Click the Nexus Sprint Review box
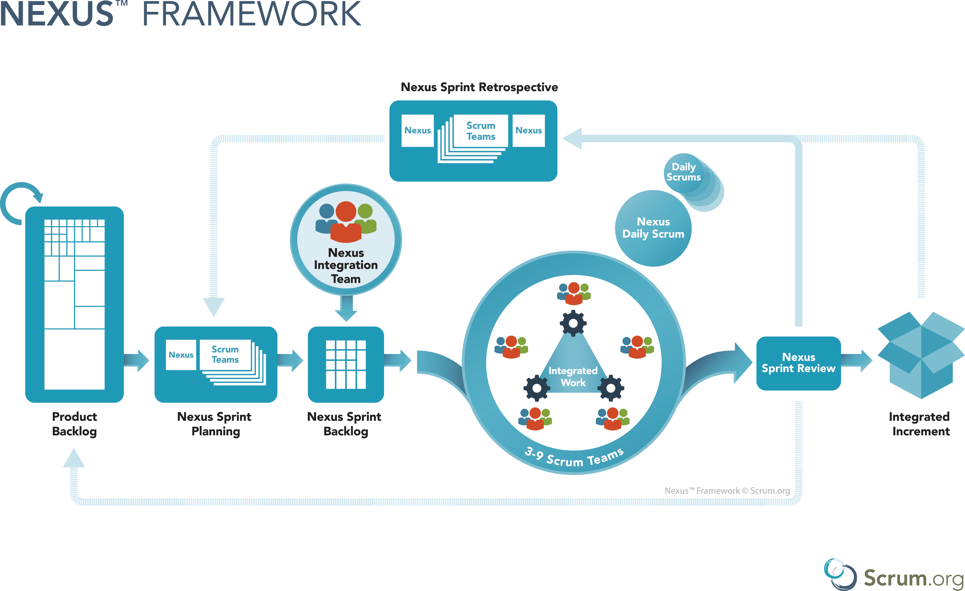[x=798, y=363]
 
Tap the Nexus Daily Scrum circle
[x=653, y=228]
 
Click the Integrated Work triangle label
[x=573, y=376]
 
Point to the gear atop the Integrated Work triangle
[x=573, y=323]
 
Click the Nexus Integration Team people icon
[x=346, y=222]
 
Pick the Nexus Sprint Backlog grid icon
[x=346, y=364]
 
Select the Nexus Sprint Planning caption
[x=215, y=424]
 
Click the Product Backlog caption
[x=74, y=424]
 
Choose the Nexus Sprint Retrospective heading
[x=479, y=87]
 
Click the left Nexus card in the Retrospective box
[x=417, y=131]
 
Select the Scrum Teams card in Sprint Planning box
[x=225, y=354]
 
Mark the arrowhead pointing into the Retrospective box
[x=572, y=138]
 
